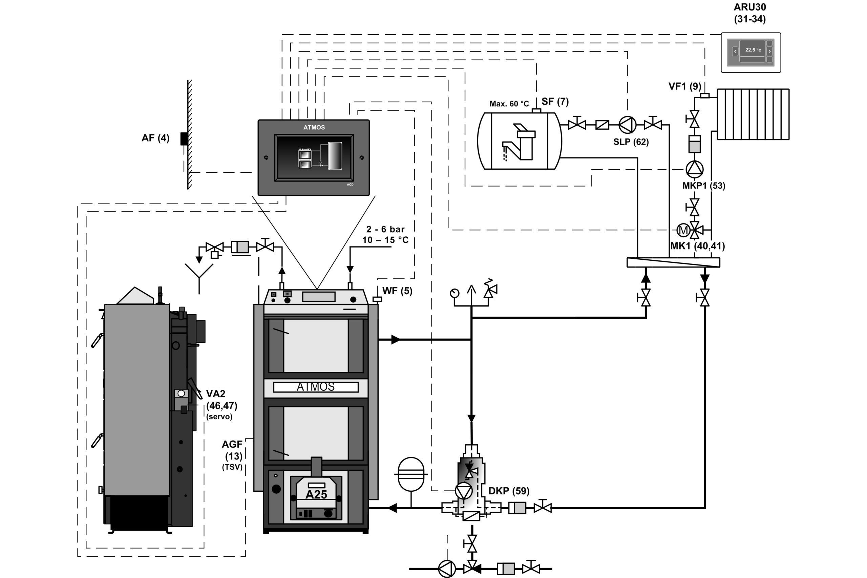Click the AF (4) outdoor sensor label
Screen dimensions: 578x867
pyautogui.click(x=155, y=138)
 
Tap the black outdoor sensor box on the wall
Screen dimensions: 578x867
pyautogui.click(x=184, y=139)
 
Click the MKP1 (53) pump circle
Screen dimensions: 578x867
pyautogui.click(x=695, y=169)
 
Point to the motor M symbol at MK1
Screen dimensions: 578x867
pyautogui.click(x=683, y=230)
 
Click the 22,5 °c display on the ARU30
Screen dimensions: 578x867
pyautogui.click(x=753, y=50)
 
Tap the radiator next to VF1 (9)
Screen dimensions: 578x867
pyautogui.click(x=753, y=114)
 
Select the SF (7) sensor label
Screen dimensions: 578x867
pyautogui.click(x=555, y=101)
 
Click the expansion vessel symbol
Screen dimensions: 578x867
pyautogui.click(x=411, y=474)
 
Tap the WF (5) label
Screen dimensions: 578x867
pyautogui.click(x=397, y=291)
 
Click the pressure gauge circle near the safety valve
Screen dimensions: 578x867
pyautogui.click(x=455, y=293)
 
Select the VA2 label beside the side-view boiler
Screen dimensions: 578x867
pyautogui.click(x=216, y=394)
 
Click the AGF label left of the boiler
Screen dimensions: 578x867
pyautogui.click(x=232, y=445)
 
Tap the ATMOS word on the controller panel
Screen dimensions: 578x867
pyautogui.click(x=314, y=128)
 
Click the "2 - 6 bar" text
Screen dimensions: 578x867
pyautogui.click(x=385, y=229)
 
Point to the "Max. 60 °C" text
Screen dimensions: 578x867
pyautogui.click(x=509, y=104)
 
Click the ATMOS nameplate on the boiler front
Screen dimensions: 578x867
pyautogui.click(x=316, y=387)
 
